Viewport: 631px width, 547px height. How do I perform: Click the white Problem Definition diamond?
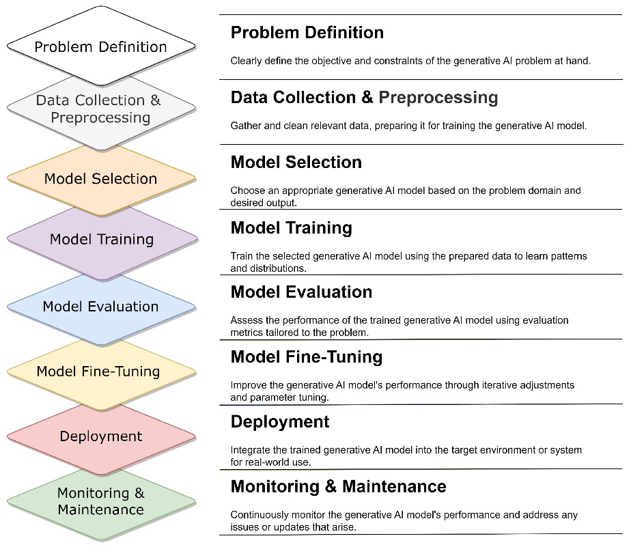(x=101, y=46)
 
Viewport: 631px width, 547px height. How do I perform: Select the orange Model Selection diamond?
(x=101, y=178)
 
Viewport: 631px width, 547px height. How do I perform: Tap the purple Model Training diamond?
(x=102, y=239)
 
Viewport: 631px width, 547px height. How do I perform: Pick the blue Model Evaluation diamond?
(x=101, y=307)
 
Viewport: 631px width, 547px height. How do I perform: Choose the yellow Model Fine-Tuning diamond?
(x=101, y=371)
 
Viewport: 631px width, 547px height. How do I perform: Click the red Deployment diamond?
(x=101, y=436)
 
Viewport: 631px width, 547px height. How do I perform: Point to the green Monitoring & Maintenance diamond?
(x=101, y=501)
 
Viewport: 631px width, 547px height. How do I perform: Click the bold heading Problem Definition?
(x=307, y=33)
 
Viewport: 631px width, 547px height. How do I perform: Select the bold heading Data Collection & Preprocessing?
(x=364, y=98)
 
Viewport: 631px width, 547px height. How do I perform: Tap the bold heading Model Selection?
(x=296, y=163)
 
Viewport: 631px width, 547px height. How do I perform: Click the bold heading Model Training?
(x=292, y=228)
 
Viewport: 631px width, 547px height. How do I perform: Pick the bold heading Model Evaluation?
(x=301, y=292)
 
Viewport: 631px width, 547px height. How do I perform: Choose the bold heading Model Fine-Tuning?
(x=307, y=357)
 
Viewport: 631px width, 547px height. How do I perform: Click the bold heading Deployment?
(x=280, y=422)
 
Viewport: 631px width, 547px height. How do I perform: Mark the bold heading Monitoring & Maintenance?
(x=339, y=487)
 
